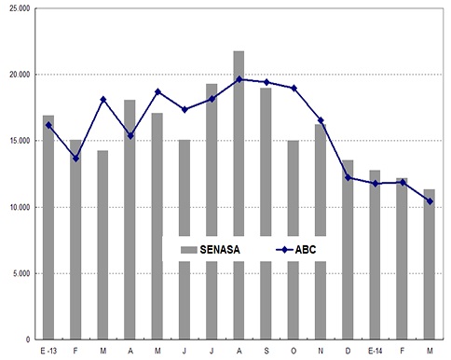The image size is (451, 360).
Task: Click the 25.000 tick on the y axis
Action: (x=20, y=8)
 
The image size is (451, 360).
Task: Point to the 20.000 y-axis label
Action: (x=20, y=75)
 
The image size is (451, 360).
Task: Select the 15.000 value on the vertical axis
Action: (x=20, y=141)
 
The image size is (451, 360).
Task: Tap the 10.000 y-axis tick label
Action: (x=20, y=207)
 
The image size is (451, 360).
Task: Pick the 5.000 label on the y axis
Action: (x=21, y=273)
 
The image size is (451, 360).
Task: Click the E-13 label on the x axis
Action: (x=48, y=351)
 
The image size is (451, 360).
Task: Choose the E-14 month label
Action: (x=376, y=351)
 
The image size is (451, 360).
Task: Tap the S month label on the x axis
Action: (x=266, y=351)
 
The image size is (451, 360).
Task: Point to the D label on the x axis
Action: (x=348, y=351)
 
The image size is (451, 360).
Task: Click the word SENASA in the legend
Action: (x=220, y=250)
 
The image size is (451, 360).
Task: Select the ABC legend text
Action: (x=306, y=250)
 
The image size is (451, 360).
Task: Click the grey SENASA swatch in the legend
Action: (x=189, y=250)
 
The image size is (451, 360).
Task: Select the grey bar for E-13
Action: (x=48, y=228)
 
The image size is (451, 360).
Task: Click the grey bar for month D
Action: (x=348, y=250)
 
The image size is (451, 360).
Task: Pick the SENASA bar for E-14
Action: (x=375, y=255)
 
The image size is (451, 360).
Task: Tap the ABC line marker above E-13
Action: (x=48, y=125)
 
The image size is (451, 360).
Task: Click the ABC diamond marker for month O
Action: (x=294, y=89)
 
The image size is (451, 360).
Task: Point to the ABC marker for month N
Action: (x=321, y=120)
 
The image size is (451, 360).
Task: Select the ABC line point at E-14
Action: (x=376, y=184)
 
